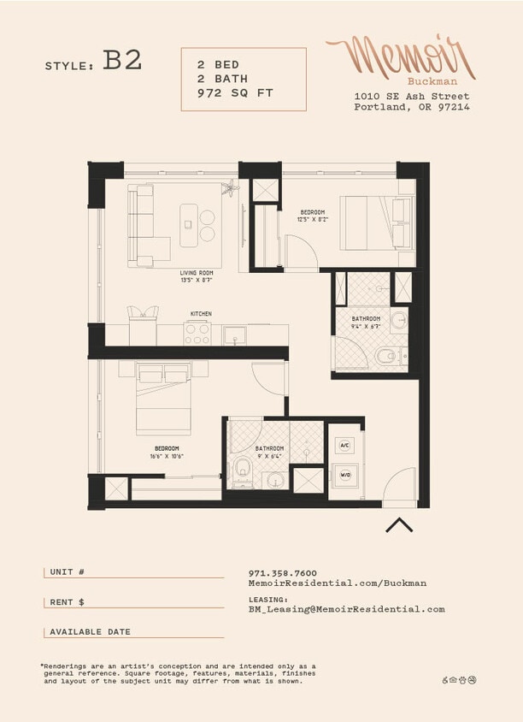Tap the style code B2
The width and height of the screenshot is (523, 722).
[x=122, y=62]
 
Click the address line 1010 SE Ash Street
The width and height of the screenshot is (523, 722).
[x=411, y=96]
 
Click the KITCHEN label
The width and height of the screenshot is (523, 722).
[x=201, y=314]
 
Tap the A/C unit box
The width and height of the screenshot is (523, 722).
[x=345, y=446]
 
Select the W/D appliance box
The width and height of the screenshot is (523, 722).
[x=345, y=474]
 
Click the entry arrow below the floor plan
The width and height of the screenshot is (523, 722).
[x=399, y=524]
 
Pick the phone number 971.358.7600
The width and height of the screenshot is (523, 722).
[x=282, y=573]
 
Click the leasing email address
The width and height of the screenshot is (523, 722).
[x=346, y=609]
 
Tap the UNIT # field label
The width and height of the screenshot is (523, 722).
[x=68, y=572]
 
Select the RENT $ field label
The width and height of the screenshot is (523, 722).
[x=68, y=602]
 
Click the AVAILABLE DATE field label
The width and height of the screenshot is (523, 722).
[x=90, y=632]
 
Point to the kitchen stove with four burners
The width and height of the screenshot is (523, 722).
[x=198, y=334]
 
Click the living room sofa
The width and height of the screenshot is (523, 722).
[x=141, y=224]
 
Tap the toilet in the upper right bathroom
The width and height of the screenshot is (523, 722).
[x=387, y=355]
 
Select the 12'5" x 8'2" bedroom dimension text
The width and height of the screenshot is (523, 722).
[x=313, y=220]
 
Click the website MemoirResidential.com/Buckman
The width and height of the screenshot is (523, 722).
[x=337, y=583]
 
